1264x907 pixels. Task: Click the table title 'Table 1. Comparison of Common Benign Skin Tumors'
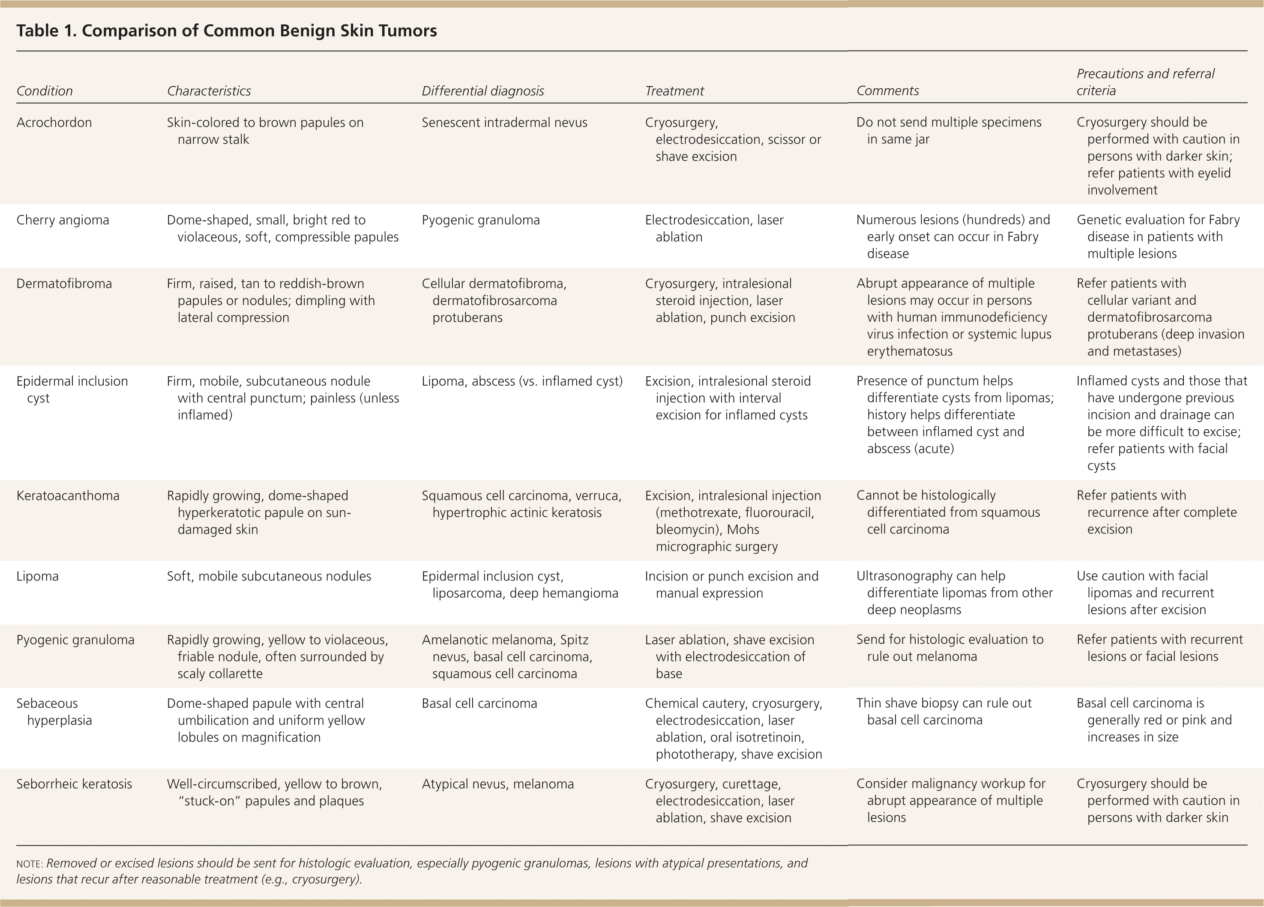226,31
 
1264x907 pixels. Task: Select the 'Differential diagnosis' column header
482,91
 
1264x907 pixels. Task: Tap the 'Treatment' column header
674,91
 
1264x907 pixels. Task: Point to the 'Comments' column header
887,90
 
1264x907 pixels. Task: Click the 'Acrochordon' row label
54,123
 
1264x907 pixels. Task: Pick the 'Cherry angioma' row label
63,220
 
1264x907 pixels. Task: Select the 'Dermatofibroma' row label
64,284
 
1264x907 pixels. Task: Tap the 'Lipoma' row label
37,576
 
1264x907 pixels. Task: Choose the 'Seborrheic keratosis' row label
74,784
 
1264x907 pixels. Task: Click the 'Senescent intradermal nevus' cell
504,123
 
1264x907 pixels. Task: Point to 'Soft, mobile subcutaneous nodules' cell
269,576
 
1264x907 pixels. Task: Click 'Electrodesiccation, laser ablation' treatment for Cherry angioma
714,228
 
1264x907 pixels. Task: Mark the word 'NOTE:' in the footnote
30,864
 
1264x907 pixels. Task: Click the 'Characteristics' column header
209,91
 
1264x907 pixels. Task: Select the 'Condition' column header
45,91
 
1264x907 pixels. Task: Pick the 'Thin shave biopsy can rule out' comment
944,703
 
